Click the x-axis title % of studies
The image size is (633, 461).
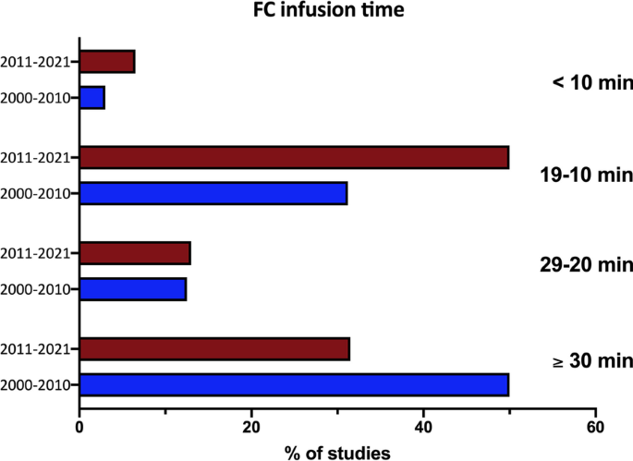337,451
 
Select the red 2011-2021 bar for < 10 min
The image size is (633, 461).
107,62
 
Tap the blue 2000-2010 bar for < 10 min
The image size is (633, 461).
92,97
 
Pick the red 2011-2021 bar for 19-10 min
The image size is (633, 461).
294,157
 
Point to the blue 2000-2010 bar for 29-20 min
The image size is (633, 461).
133,289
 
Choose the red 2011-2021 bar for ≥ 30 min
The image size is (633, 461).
214,348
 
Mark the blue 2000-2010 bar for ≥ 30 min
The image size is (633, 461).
294,384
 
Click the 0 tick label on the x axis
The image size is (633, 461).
79,427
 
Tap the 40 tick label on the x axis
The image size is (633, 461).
423,427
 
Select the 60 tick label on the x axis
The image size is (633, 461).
596,427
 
